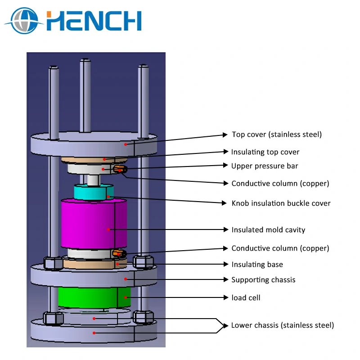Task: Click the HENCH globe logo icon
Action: tap(23, 21)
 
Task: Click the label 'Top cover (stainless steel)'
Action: tap(277, 135)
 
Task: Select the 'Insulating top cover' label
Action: tap(265, 152)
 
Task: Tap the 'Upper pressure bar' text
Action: tap(265, 166)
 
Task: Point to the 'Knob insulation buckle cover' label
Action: tap(281, 203)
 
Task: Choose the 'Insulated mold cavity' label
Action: tap(268, 230)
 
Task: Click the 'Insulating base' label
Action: tap(257, 265)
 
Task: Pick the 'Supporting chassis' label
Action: tap(263, 280)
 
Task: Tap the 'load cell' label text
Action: tap(246, 298)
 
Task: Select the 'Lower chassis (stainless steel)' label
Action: tap(282, 325)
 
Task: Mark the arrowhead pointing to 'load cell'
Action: tap(226, 297)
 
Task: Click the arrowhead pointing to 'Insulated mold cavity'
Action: tap(226, 229)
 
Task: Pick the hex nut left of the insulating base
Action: tap(53, 263)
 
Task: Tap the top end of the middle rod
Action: tap(85, 62)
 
